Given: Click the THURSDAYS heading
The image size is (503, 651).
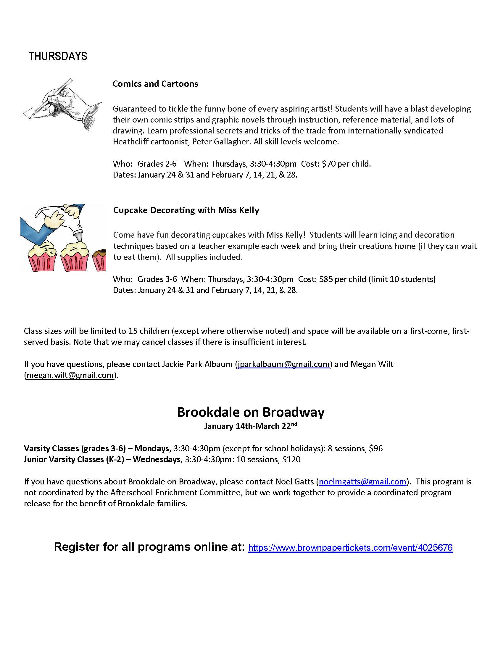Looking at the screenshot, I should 58,56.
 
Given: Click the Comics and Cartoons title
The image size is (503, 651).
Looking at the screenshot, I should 155,84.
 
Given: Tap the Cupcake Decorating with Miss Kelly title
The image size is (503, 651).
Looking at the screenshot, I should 186,210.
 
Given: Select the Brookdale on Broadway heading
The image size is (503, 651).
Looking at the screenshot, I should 251,412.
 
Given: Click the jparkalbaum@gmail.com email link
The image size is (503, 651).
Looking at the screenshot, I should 283,364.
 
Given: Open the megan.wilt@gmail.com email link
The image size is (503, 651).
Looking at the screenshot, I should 70,375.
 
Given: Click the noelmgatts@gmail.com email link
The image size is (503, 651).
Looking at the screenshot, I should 362,482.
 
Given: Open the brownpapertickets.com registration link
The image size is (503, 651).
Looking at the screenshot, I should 350,547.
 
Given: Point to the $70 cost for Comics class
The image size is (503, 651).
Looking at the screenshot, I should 329,164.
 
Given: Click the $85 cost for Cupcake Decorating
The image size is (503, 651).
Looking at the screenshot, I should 326,279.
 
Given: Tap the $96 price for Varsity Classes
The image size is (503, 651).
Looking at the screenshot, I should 376,449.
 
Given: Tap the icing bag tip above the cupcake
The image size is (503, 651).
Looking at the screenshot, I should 78,237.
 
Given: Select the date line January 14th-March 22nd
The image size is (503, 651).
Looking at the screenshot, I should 250,426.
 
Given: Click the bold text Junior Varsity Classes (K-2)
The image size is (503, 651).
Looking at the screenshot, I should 74,460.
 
